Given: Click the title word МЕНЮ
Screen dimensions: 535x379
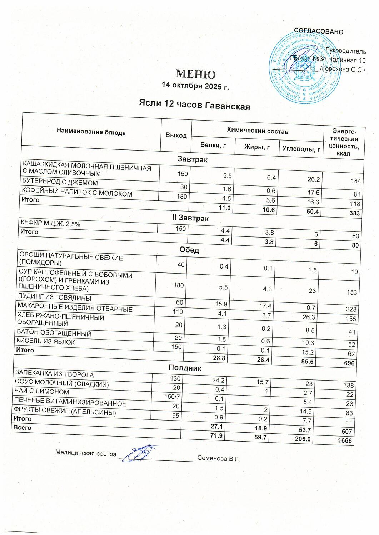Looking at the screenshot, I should (x=196, y=74).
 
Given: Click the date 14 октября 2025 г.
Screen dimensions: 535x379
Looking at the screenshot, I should (x=195, y=86).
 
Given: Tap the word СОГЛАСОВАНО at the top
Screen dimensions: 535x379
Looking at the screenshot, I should (x=318, y=31).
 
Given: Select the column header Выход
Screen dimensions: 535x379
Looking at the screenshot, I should (x=176, y=135).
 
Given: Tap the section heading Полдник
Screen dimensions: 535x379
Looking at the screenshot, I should (x=185, y=368).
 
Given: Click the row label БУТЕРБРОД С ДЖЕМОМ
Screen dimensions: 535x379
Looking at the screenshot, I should (x=60, y=183).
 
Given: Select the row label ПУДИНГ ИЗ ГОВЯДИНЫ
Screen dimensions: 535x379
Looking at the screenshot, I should (x=55, y=297).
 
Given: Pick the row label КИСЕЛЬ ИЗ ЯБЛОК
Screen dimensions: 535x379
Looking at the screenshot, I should (x=45, y=342).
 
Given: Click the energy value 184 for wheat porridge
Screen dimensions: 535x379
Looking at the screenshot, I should (x=355, y=181).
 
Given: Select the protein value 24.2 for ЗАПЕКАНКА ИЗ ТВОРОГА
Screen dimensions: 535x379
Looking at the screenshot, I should (x=218, y=381).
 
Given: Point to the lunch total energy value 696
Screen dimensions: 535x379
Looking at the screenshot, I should (x=349, y=363).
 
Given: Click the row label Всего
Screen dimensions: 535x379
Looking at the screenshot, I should (x=22, y=427).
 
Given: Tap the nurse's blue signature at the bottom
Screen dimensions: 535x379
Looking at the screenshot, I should (x=141, y=453).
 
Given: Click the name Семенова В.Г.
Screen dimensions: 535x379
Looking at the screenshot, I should (x=218, y=458).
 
